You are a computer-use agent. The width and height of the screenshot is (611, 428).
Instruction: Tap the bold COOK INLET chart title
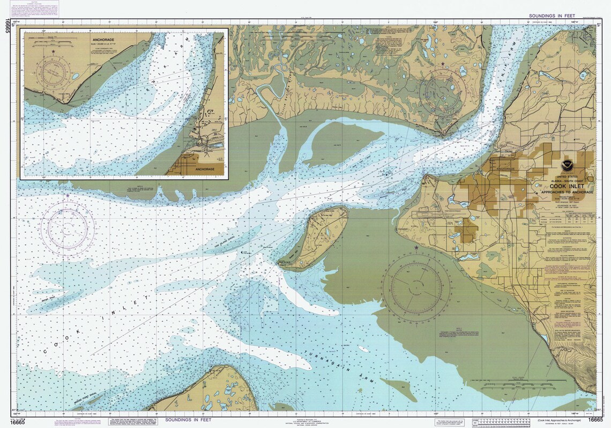pyautogui.click(x=567, y=186)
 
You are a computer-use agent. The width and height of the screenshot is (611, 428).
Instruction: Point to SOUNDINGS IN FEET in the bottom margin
pyautogui.click(x=191, y=419)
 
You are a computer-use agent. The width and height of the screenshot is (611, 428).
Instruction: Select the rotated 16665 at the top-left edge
pyautogui.click(x=7, y=26)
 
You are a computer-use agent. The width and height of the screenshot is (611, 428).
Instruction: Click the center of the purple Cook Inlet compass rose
pyautogui.click(x=68, y=228)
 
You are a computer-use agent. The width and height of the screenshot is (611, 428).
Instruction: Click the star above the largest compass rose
pyautogui.click(x=416, y=248)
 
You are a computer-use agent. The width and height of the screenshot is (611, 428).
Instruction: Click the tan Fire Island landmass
pyautogui.click(x=316, y=236)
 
